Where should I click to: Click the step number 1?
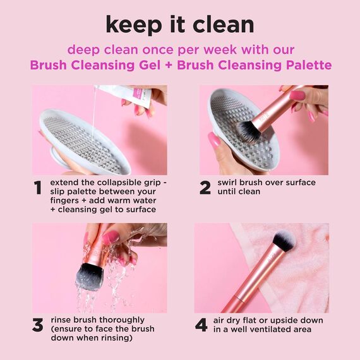(x=39, y=188)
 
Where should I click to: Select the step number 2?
(x=205, y=188)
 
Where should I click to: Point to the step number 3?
(x=39, y=325)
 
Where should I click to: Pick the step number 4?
(x=201, y=325)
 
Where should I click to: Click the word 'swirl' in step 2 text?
(x=229, y=183)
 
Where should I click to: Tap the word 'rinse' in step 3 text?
(x=64, y=320)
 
